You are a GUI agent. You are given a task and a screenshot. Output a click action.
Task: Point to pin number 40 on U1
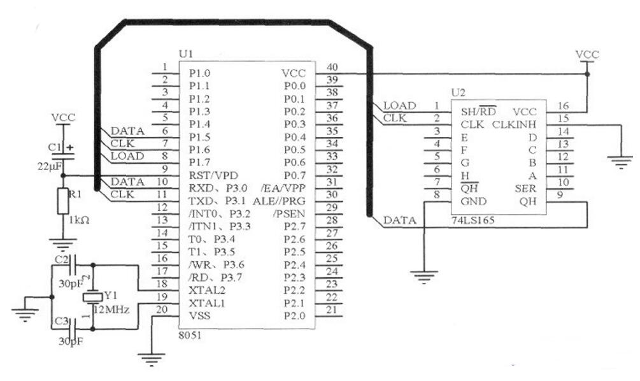coord(332,67)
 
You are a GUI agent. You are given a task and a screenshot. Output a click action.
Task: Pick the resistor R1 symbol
coord(62,201)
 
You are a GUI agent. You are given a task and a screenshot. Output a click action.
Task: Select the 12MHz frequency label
coord(112,310)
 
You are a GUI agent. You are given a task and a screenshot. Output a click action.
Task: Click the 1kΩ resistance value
coord(80,220)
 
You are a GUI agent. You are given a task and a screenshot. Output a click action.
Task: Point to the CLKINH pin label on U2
coord(515,124)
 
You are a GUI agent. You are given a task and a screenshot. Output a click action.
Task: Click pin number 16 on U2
coord(563,105)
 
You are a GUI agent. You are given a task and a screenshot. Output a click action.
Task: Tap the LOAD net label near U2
coord(399,105)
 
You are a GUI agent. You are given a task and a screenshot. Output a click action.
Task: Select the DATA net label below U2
coord(399,220)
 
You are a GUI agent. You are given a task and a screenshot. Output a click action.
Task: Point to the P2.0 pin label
coord(295,315)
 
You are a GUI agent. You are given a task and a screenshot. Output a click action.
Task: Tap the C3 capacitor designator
coord(62,320)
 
